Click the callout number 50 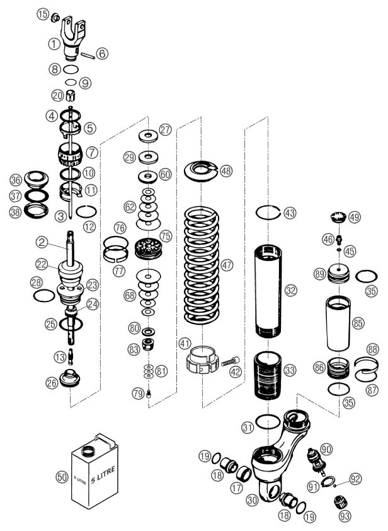(x=62, y=477)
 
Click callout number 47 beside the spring (x=227, y=265)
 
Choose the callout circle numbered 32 (x=290, y=290)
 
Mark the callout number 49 (x=355, y=218)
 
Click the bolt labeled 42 (x=229, y=362)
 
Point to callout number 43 (x=289, y=213)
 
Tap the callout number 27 (x=165, y=130)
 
